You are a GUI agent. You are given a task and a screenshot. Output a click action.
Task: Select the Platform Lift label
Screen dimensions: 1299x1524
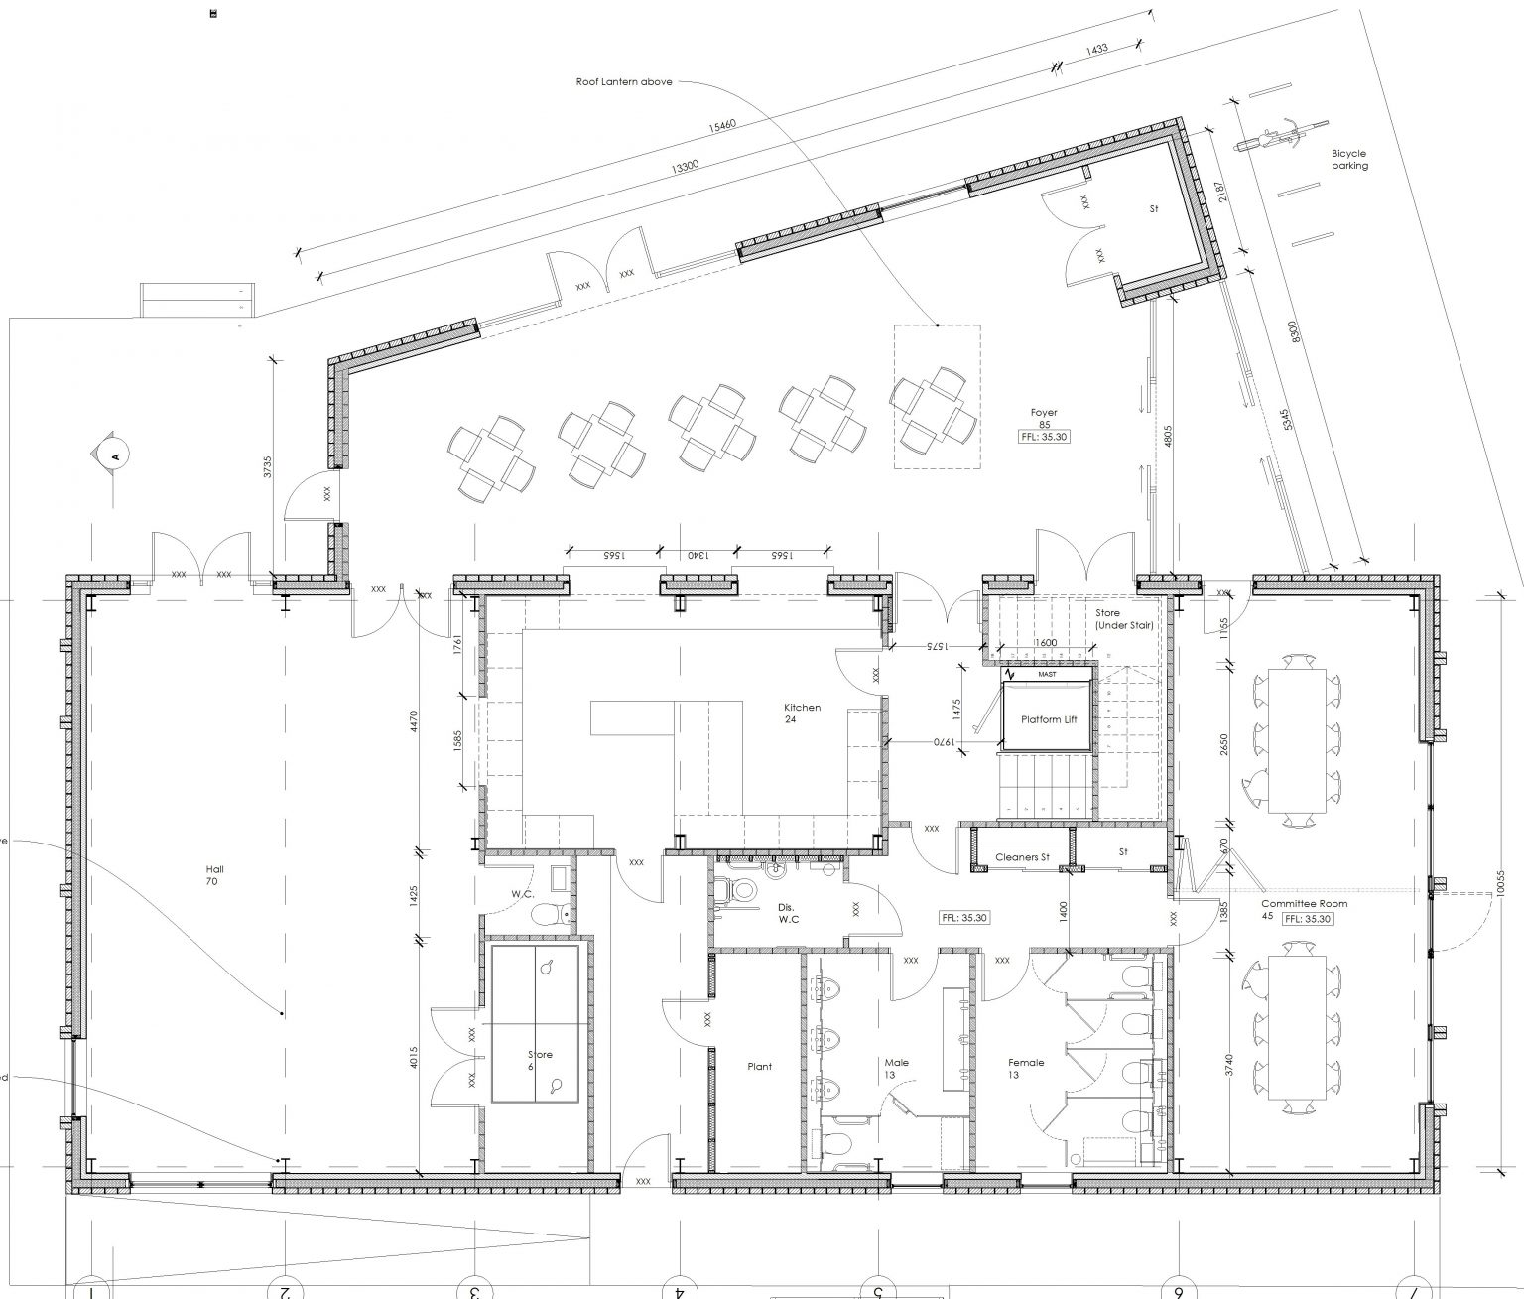pyautogui.click(x=1049, y=719)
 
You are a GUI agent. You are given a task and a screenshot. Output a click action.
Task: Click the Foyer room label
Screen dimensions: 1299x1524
pyautogui.click(x=1043, y=412)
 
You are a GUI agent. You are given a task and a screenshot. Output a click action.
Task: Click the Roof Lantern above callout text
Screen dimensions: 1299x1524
pyautogui.click(x=624, y=81)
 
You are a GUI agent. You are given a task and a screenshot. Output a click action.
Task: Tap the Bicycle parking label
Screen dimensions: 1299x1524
pyautogui.click(x=1349, y=160)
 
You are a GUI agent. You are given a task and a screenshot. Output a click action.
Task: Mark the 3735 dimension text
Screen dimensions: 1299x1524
pyautogui.click(x=268, y=467)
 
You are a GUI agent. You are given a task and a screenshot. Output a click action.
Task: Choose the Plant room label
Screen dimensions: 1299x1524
pyautogui.click(x=759, y=1067)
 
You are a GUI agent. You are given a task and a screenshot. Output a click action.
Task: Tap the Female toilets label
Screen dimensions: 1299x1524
pyautogui.click(x=1026, y=1068)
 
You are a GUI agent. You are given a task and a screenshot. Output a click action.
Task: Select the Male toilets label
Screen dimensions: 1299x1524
pyautogui.click(x=897, y=1068)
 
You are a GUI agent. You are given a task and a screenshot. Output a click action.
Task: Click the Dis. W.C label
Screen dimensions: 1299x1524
pyautogui.click(x=789, y=913)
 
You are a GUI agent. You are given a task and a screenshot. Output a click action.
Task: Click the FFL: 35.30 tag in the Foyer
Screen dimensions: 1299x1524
pyautogui.click(x=1045, y=437)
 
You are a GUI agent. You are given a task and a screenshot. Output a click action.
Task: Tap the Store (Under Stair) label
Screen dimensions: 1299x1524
pyautogui.click(x=1123, y=619)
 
